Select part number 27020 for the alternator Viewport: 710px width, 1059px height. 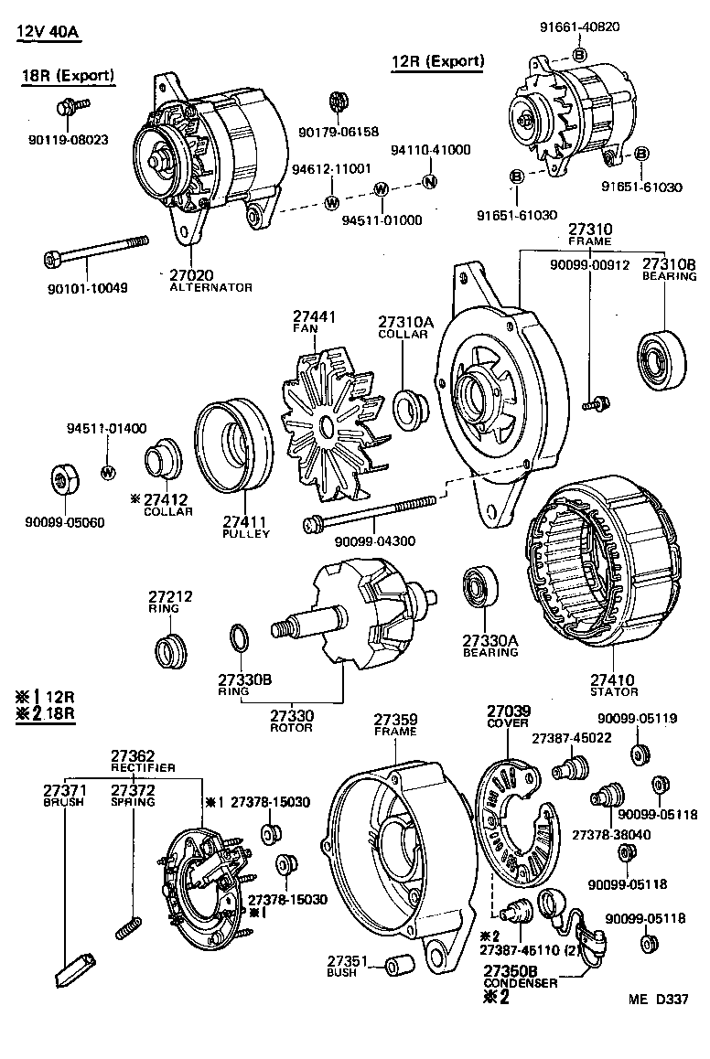[x=191, y=274]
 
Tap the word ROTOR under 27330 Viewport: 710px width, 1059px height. [x=291, y=728]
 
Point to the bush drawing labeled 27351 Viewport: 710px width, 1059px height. [x=396, y=966]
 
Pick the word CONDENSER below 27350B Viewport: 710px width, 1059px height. [x=520, y=982]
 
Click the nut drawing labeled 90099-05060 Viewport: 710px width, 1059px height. [x=63, y=478]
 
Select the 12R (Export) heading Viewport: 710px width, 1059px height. [x=437, y=61]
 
